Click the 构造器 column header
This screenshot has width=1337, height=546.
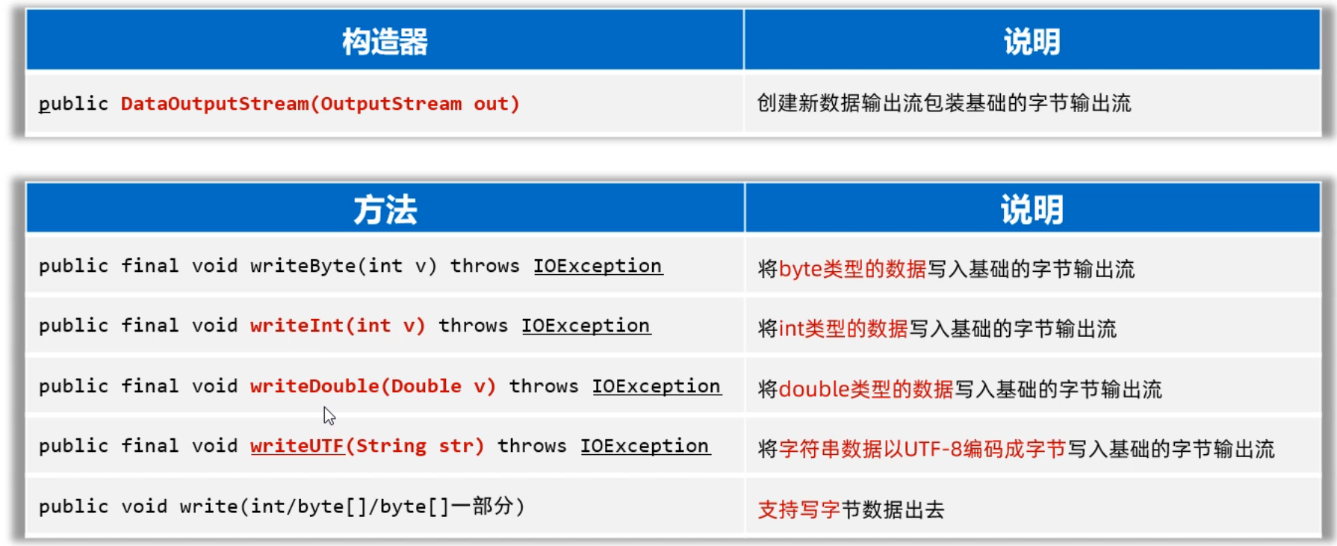pyautogui.click(x=385, y=42)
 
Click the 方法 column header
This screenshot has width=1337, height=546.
pyautogui.click(x=385, y=210)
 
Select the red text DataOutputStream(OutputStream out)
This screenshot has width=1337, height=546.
pyautogui.click(x=320, y=104)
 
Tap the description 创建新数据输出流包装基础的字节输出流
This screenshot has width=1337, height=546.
pyautogui.click(x=944, y=103)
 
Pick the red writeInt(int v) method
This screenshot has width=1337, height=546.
pyautogui.click(x=338, y=326)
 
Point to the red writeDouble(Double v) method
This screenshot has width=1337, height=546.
pyautogui.click(x=373, y=386)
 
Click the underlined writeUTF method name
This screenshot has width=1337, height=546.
pyautogui.click(x=297, y=446)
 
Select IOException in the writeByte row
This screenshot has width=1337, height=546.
pyautogui.click(x=598, y=266)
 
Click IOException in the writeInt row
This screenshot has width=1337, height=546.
pyautogui.click(x=586, y=326)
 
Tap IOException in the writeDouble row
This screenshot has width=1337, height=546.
pyautogui.click(x=657, y=386)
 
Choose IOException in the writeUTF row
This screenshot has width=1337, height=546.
pyautogui.click(x=645, y=446)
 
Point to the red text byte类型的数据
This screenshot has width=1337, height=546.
pyautogui.click(x=852, y=269)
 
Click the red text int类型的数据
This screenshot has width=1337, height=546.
pyautogui.click(x=843, y=329)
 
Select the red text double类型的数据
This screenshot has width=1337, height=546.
pyautogui.click(x=866, y=389)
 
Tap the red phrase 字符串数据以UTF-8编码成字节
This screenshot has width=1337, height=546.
pyautogui.click(x=922, y=449)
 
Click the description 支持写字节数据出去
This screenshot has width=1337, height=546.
pyautogui.click(x=851, y=509)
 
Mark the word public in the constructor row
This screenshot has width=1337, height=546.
pyautogui.click(x=73, y=104)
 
